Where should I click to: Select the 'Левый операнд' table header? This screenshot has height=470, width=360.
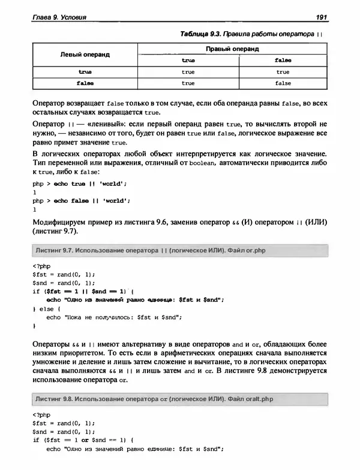point(85,55)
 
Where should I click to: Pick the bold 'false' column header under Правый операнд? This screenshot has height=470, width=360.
point(283,61)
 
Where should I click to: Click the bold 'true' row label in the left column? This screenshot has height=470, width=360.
point(85,72)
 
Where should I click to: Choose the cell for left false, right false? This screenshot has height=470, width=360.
point(283,83)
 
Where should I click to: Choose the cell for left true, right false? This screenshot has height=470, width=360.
point(283,72)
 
